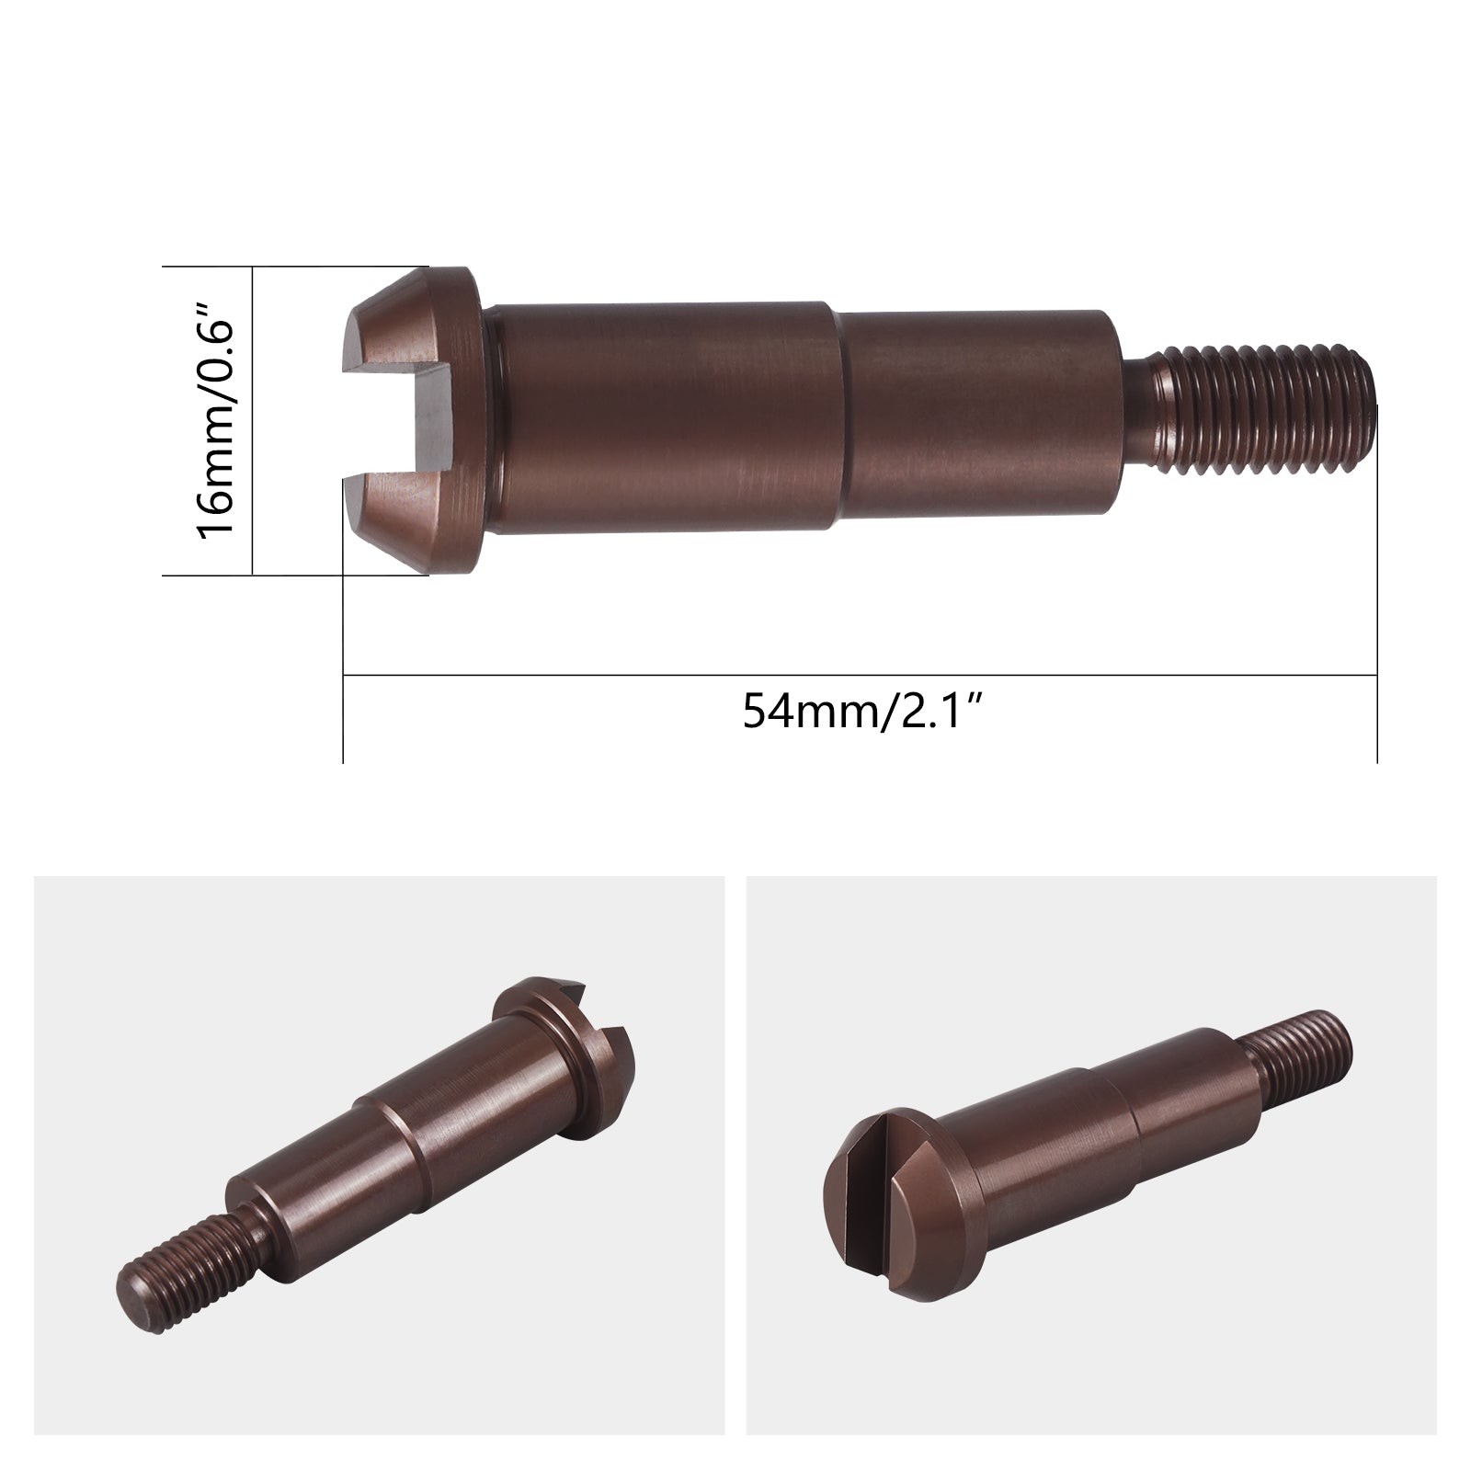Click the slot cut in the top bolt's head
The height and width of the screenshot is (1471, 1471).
pyautogui.click(x=386, y=419)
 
